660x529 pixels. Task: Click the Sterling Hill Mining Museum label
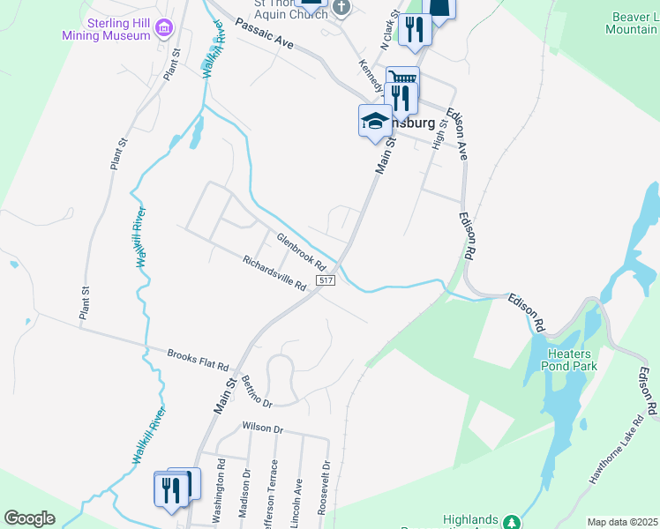click(x=106, y=29)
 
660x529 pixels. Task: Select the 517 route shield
click(x=326, y=280)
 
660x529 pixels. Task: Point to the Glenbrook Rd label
click(x=301, y=251)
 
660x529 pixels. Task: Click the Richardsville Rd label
click(x=274, y=272)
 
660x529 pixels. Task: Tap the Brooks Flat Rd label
click(x=198, y=360)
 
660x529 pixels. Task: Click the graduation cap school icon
click(x=375, y=121)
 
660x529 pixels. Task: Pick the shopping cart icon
click(x=402, y=80)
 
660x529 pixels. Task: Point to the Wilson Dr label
click(x=262, y=429)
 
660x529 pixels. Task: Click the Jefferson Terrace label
click(x=274, y=494)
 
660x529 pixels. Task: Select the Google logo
click(x=29, y=518)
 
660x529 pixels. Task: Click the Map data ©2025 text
click(x=623, y=522)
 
